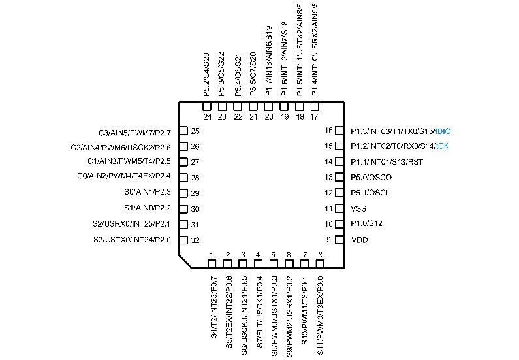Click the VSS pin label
point(358,209)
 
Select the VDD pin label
point(358,240)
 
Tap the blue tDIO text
point(443,131)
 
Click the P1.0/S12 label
point(367,225)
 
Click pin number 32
point(195,240)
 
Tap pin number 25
point(195,131)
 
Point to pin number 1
point(211,255)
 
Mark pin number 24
point(207,117)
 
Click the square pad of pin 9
point(339,240)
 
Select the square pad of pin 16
point(339,131)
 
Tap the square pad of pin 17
point(315,106)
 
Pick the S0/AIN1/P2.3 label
point(148,193)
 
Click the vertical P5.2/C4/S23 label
point(207,74)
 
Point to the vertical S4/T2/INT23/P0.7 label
point(213,307)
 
